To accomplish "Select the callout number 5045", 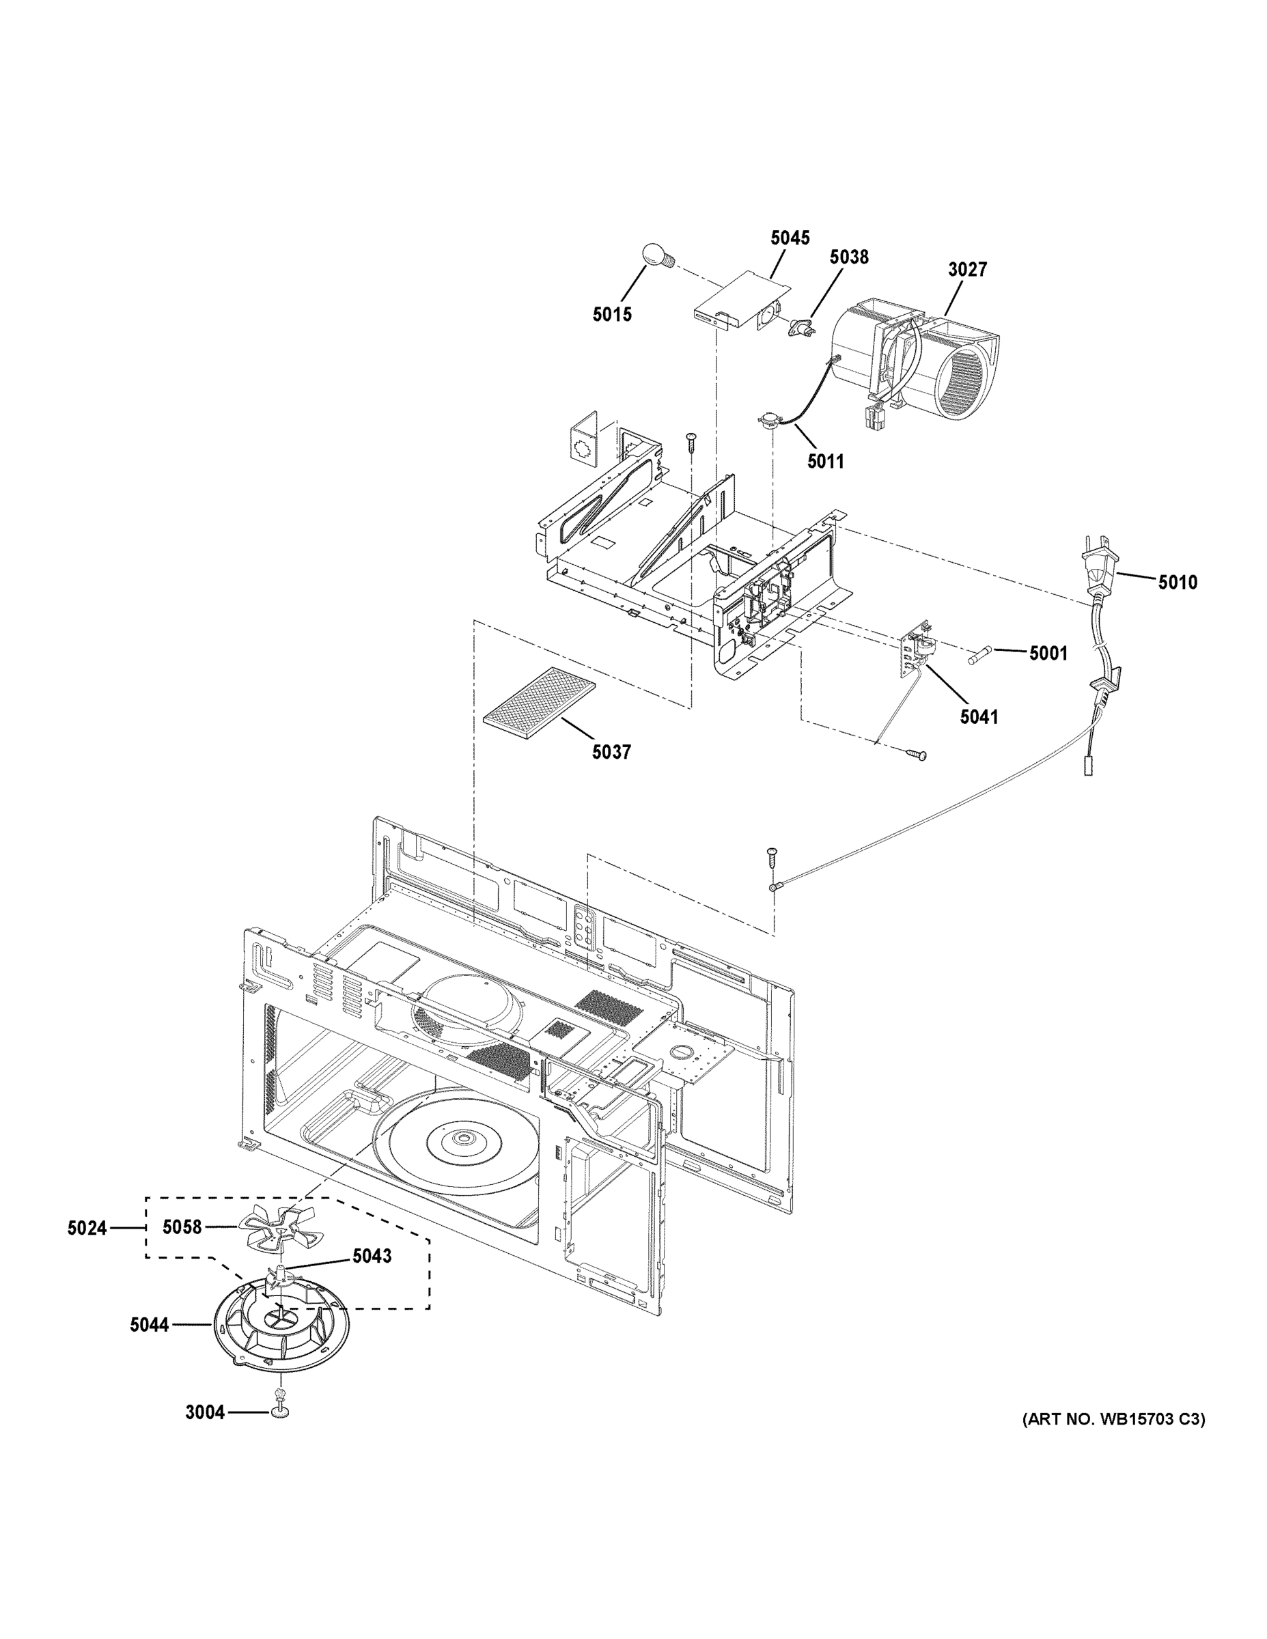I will [790, 238].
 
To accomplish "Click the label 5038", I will [848, 257].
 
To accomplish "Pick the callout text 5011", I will [825, 462].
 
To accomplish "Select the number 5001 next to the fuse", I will [1048, 654].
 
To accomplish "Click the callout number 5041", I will [979, 716].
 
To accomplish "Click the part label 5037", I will [611, 751].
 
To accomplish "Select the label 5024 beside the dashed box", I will [87, 1228].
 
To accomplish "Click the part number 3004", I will [205, 1412].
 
